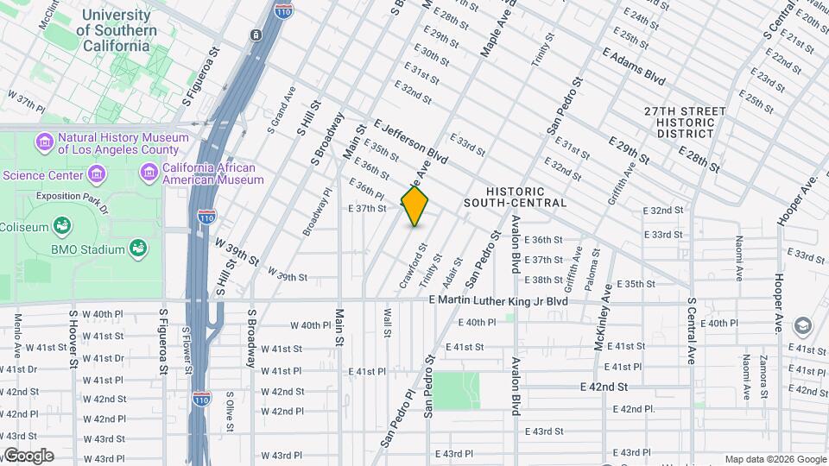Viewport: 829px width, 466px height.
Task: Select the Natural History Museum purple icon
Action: (x=45, y=141)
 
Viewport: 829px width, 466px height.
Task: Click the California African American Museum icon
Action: (x=149, y=173)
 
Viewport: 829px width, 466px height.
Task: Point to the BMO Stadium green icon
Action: (x=136, y=249)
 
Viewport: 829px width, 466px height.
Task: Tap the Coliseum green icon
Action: (x=62, y=227)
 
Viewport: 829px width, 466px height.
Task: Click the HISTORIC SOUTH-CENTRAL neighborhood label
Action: (x=515, y=197)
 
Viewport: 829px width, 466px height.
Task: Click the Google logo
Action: (x=28, y=455)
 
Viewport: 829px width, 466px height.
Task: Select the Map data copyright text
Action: (x=775, y=459)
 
